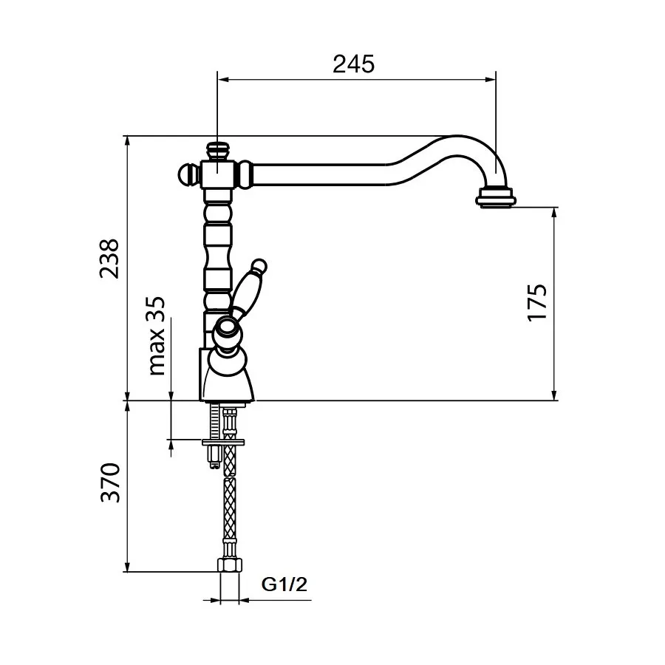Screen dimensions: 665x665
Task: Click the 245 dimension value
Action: (354, 64)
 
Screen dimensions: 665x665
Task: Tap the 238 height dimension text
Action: (109, 259)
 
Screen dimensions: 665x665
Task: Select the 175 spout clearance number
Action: (537, 302)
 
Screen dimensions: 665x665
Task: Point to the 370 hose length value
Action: (110, 482)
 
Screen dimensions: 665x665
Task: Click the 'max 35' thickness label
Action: (156, 336)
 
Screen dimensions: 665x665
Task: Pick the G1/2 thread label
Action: (284, 584)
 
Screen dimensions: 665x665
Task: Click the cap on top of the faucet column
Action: (218, 151)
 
